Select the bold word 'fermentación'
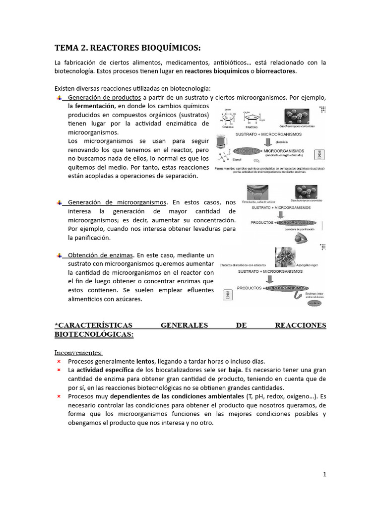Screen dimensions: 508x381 coord(94,106)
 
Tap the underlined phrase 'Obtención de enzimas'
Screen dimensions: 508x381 coord(100,254)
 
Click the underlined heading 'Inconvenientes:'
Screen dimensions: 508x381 coord(78,353)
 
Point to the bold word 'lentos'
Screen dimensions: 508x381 coord(145,361)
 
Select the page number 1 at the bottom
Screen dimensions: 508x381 coord(324,474)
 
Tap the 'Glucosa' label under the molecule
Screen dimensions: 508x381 coord(229,127)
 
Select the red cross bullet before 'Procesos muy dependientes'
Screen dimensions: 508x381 coord(59,397)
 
